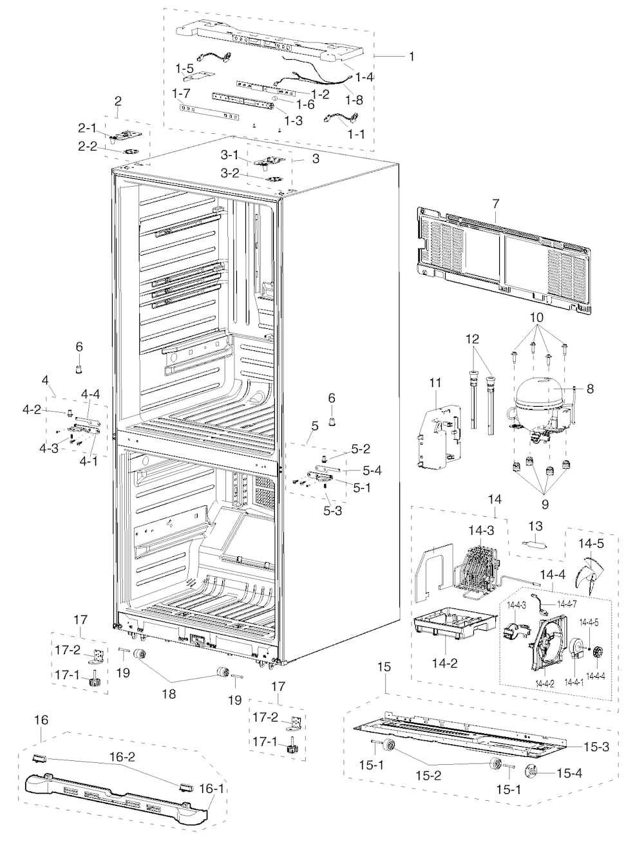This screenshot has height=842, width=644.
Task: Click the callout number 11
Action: [435, 383]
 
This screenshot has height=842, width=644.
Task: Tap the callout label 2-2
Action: [88, 146]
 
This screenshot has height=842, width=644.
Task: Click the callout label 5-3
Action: [332, 510]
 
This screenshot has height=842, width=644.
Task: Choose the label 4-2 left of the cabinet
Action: [32, 409]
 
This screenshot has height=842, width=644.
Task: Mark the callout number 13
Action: [535, 526]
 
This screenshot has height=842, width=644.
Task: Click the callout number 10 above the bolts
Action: [537, 317]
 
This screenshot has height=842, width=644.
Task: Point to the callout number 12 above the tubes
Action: [473, 339]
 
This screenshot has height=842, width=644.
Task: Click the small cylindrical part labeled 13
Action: [535, 545]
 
